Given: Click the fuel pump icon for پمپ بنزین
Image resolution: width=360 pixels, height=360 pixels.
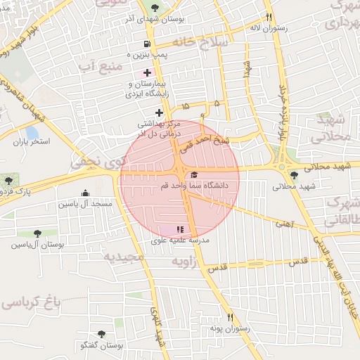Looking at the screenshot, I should [146, 43].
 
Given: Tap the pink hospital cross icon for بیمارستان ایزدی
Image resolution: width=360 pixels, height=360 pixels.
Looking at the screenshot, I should [146, 73].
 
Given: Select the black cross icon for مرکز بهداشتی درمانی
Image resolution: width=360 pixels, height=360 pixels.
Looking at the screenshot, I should [160, 112].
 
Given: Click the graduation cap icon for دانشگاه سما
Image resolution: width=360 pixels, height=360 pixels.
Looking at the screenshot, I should [194, 174].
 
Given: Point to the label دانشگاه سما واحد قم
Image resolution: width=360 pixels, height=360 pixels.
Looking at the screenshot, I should [210, 186].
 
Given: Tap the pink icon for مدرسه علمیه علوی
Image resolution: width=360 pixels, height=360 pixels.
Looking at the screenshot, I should [179, 229].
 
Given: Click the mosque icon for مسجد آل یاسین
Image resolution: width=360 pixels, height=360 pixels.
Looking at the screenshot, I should [86, 193].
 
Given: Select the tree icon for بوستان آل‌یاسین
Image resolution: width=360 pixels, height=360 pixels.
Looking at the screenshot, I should [37, 233].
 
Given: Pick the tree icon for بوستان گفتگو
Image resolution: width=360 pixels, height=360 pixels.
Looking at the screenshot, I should [103, 335].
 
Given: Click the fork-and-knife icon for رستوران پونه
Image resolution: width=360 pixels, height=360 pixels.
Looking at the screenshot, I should [229, 318].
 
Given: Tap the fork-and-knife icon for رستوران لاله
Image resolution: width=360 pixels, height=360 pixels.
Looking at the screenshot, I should [269, 17].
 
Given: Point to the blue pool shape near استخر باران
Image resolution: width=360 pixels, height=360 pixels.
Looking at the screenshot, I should [32, 132].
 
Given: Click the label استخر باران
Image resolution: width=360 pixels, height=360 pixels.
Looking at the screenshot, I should [32, 141].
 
